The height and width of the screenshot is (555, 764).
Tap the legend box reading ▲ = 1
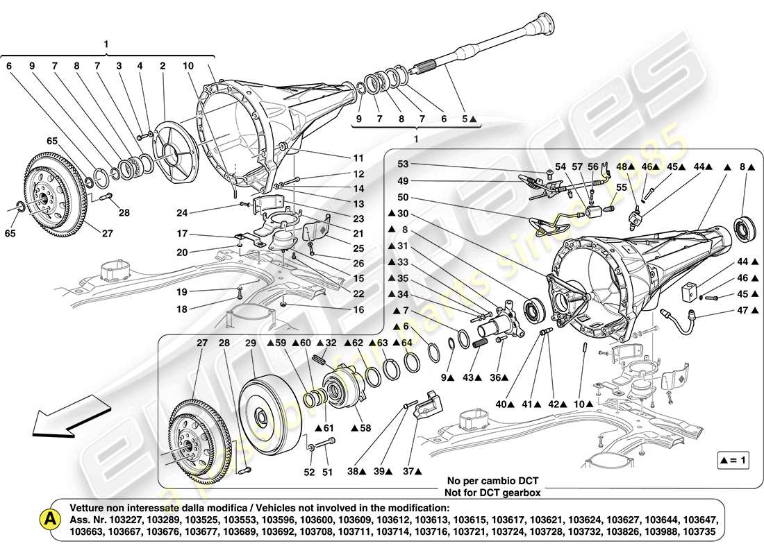(x=735, y=459)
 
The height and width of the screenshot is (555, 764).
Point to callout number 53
(x=403, y=164)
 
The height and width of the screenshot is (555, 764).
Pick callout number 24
(x=182, y=213)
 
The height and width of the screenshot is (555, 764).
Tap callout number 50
(x=403, y=198)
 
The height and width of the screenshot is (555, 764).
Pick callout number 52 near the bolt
(x=309, y=472)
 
